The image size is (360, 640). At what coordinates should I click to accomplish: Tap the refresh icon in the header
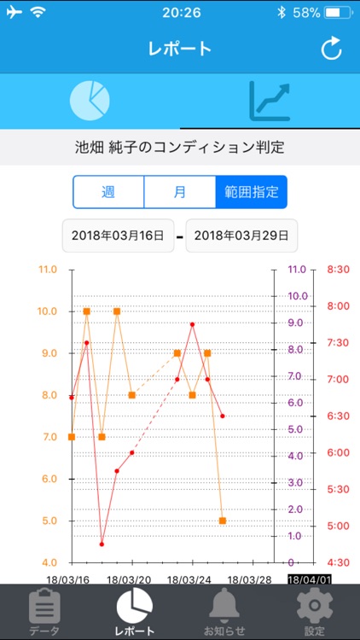pyautogui.click(x=331, y=49)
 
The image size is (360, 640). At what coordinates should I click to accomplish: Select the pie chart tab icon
pyautogui.click(x=90, y=101)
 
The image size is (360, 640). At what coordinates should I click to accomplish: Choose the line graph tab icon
pyautogui.click(x=270, y=101)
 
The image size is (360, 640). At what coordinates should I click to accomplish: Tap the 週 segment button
pyautogui.click(x=108, y=192)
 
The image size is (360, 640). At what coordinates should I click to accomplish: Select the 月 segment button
pyautogui.click(x=180, y=192)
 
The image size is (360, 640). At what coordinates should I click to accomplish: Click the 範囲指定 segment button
pyautogui.click(x=252, y=192)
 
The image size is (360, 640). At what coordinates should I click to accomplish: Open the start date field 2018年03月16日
pyautogui.click(x=117, y=236)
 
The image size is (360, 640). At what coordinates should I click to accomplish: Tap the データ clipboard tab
pyautogui.click(x=44, y=612)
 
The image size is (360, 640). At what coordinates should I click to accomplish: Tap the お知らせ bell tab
pyautogui.click(x=224, y=612)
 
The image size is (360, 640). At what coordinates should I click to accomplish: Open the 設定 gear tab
pyautogui.click(x=314, y=612)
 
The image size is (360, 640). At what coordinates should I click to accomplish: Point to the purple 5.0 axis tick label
pyautogui.click(x=296, y=429)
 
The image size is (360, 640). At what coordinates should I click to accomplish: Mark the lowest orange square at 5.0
pyautogui.click(x=223, y=521)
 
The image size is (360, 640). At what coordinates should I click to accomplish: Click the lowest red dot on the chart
pyautogui.click(x=102, y=544)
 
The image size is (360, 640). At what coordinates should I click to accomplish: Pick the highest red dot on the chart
pyautogui.click(x=193, y=324)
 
